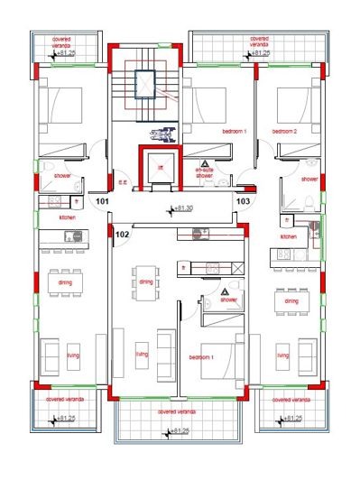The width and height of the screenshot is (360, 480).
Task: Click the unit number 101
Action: pyautogui.click(x=103, y=202)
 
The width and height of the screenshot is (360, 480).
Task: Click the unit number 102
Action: pyautogui.click(x=123, y=235)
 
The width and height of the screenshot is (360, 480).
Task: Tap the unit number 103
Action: pyautogui.click(x=243, y=201)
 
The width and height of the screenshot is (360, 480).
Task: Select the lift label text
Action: pyautogui.click(x=161, y=168)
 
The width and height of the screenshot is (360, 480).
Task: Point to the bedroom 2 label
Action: pyautogui.click(x=286, y=132)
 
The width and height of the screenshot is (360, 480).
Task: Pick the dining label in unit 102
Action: pyautogui.click(x=147, y=282)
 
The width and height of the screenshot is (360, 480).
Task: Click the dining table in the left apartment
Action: pyautogui.click(x=65, y=282)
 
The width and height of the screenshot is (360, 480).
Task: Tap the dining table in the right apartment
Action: pyautogui.click(x=291, y=301)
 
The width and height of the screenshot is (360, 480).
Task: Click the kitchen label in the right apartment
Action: pyautogui.click(x=289, y=236)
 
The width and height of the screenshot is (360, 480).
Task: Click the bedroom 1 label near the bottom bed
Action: pyautogui.click(x=201, y=357)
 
